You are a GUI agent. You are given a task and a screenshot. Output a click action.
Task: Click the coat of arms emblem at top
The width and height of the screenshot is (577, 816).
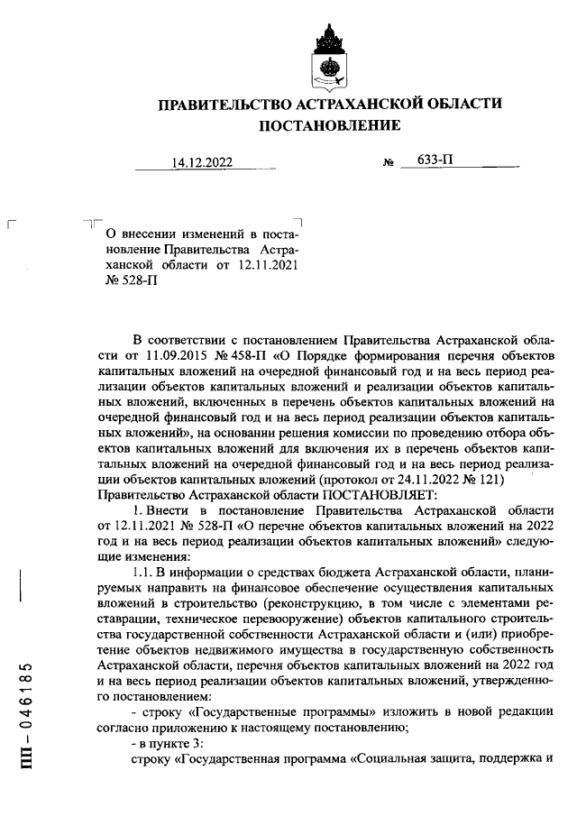point(329,55)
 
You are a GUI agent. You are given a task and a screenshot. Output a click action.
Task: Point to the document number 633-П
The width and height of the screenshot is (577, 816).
point(435,160)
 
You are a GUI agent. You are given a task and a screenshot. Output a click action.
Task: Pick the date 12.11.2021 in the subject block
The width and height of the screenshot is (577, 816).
point(269,265)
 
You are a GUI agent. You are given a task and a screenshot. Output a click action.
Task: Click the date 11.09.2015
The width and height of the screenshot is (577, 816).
point(163,354)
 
